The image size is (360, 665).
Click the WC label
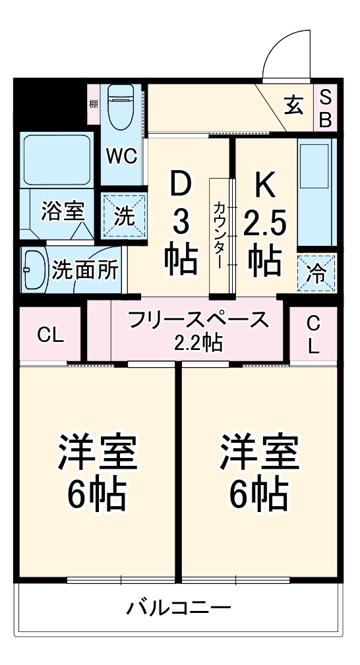point(122,156)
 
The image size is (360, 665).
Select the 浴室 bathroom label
point(63,212)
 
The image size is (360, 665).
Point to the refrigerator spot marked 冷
point(317,272)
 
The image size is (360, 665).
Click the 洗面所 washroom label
point(86,270)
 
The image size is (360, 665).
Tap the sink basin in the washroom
point(32,269)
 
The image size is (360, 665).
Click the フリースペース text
point(199,321)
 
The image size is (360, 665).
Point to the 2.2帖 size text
point(198,343)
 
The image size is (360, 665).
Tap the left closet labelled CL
point(51,335)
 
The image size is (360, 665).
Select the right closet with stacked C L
point(313,334)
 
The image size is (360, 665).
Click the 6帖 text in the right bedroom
point(259,494)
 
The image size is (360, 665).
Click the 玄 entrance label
point(292,104)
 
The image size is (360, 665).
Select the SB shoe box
point(325,108)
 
